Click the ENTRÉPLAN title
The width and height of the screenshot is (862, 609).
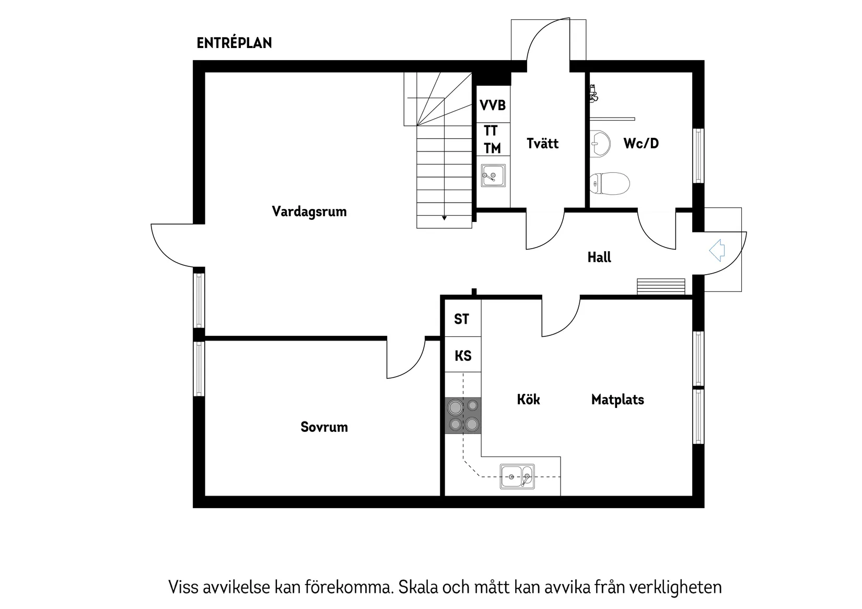tap(234, 43)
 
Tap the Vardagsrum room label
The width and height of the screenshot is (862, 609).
tap(309, 212)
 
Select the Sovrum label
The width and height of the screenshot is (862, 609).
tap(324, 427)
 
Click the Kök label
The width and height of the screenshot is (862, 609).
tap(528, 400)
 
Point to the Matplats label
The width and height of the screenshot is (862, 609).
tap(618, 400)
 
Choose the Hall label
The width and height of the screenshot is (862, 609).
tap(599, 257)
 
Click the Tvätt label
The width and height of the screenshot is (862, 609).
tap(542, 143)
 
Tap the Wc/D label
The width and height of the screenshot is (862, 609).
tap(641, 143)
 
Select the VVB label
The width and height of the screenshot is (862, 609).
tap(493, 106)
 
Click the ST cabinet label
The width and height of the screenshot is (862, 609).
tap(462, 319)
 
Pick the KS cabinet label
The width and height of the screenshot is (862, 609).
tap(463, 356)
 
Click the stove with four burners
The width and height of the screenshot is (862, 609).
tap(463, 415)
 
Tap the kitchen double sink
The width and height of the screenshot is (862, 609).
tap(517, 476)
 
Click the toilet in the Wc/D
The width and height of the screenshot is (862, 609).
tap(610, 183)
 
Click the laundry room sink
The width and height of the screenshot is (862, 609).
tap(493, 175)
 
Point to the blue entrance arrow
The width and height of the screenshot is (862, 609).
tap(717, 250)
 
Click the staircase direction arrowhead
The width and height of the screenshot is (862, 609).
tap(444, 218)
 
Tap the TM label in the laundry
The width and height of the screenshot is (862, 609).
tap(492, 149)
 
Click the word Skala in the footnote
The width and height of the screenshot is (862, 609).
tap(418, 587)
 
